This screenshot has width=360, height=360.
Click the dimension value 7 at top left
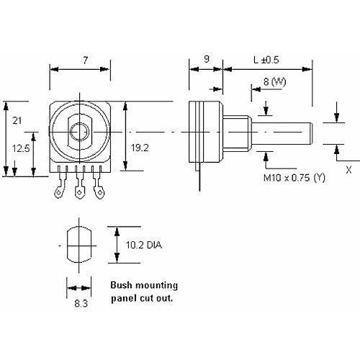(x=86, y=60)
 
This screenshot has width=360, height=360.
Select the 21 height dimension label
(x=17, y=120)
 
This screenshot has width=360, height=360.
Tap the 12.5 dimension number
(x=21, y=148)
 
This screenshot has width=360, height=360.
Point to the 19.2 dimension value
(x=140, y=148)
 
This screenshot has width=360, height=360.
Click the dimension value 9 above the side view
(x=207, y=59)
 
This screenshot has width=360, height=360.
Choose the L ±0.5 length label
(x=266, y=60)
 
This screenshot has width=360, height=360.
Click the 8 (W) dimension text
(x=275, y=82)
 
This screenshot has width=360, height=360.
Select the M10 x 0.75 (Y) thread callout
(x=294, y=178)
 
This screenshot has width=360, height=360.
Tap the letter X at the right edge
(x=348, y=170)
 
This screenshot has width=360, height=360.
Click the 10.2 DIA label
(x=144, y=246)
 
